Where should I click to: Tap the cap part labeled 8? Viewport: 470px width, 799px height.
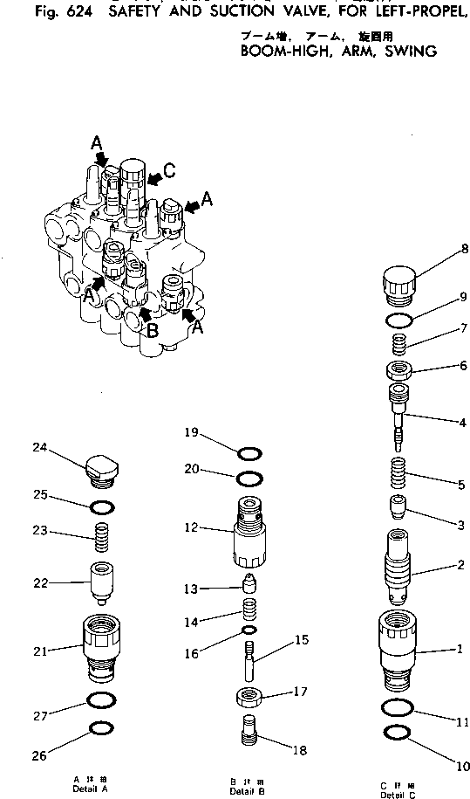point(399,284)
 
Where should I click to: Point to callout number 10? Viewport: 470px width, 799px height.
point(460,768)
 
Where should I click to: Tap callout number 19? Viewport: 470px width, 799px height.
point(193,431)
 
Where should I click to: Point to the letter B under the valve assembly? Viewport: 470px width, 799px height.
point(152,331)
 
